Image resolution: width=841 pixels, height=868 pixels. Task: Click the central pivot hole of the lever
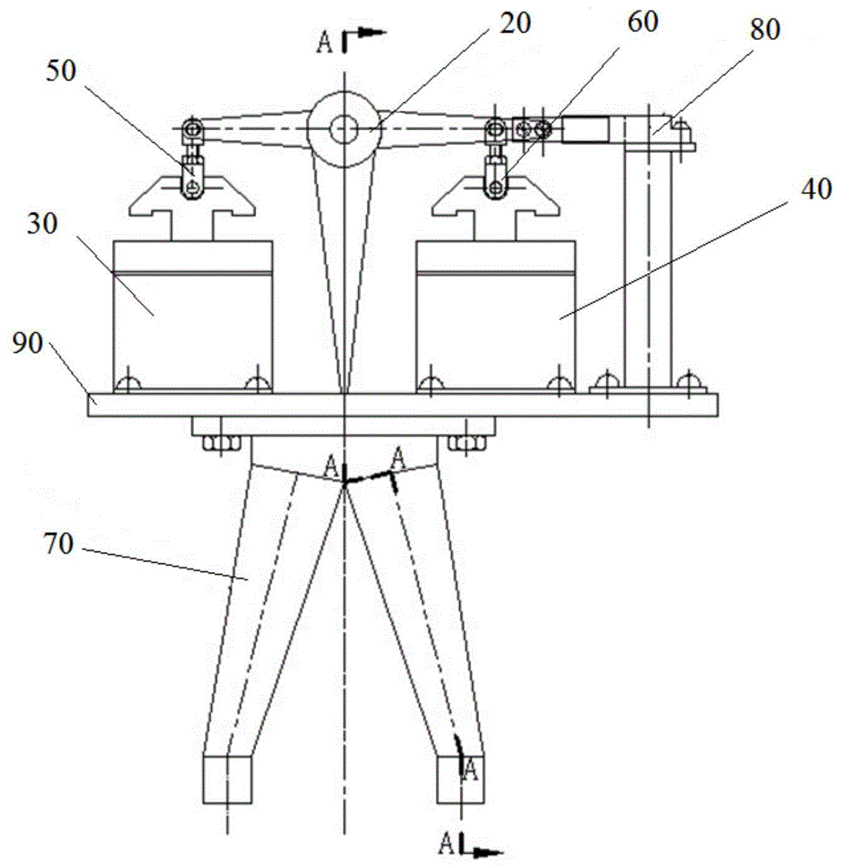coord(344,128)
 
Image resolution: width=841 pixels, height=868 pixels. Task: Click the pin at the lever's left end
coord(192,130)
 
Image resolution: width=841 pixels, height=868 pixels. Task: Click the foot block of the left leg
coord(227,778)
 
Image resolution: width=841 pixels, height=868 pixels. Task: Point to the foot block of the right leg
coord(460,778)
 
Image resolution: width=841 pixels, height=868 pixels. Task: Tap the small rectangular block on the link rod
coord(585,130)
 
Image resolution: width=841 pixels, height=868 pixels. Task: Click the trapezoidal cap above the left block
coord(192,198)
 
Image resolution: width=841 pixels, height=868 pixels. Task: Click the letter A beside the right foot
coord(470,767)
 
